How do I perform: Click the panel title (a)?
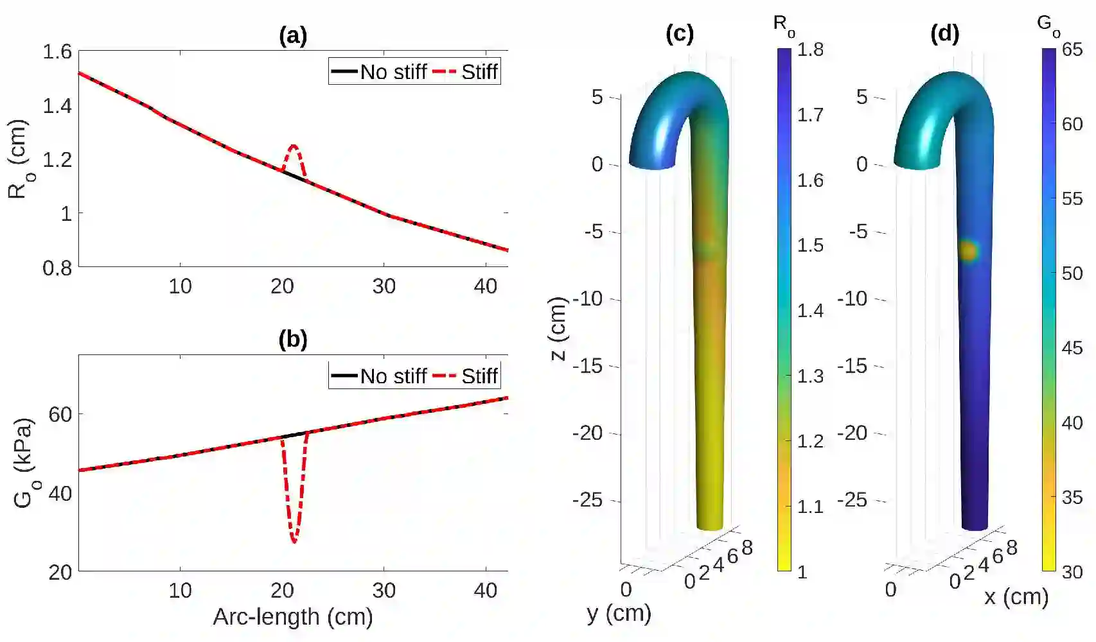click(293, 35)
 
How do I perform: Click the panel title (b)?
click(293, 339)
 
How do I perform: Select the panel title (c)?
click(680, 33)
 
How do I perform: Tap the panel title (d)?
click(944, 33)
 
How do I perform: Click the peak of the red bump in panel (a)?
click(294, 146)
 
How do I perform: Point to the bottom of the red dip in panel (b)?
click(294, 542)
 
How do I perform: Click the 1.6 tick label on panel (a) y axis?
click(57, 51)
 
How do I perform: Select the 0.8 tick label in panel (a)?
click(57, 268)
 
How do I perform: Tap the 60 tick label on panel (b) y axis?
click(60, 415)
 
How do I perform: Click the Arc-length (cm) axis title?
click(293, 617)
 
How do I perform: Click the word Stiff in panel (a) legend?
click(479, 72)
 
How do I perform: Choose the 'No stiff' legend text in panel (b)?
click(393, 376)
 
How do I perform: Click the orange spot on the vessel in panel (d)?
click(968, 250)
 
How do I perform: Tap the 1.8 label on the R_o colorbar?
click(810, 50)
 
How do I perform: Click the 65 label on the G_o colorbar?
click(1072, 50)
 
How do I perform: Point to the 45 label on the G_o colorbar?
click(1072, 348)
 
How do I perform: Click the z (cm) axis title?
click(559, 329)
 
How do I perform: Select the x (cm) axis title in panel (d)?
click(1016, 597)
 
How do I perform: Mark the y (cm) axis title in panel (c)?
click(619, 614)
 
